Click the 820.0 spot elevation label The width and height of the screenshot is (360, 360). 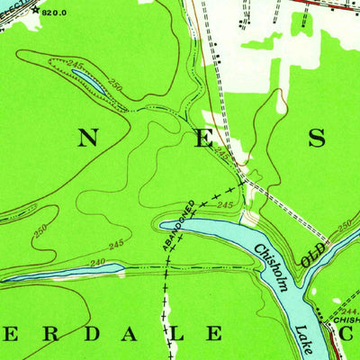(54, 12)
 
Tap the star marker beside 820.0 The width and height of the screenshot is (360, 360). (34, 10)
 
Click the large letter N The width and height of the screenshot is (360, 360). (88, 138)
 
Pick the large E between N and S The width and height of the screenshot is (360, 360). (206, 138)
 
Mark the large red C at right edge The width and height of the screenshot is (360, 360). (351, 335)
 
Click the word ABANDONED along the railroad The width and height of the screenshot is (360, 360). (178, 225)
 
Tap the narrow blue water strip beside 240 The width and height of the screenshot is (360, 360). (36, 272)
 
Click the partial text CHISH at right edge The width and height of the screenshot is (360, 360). (346, 318)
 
